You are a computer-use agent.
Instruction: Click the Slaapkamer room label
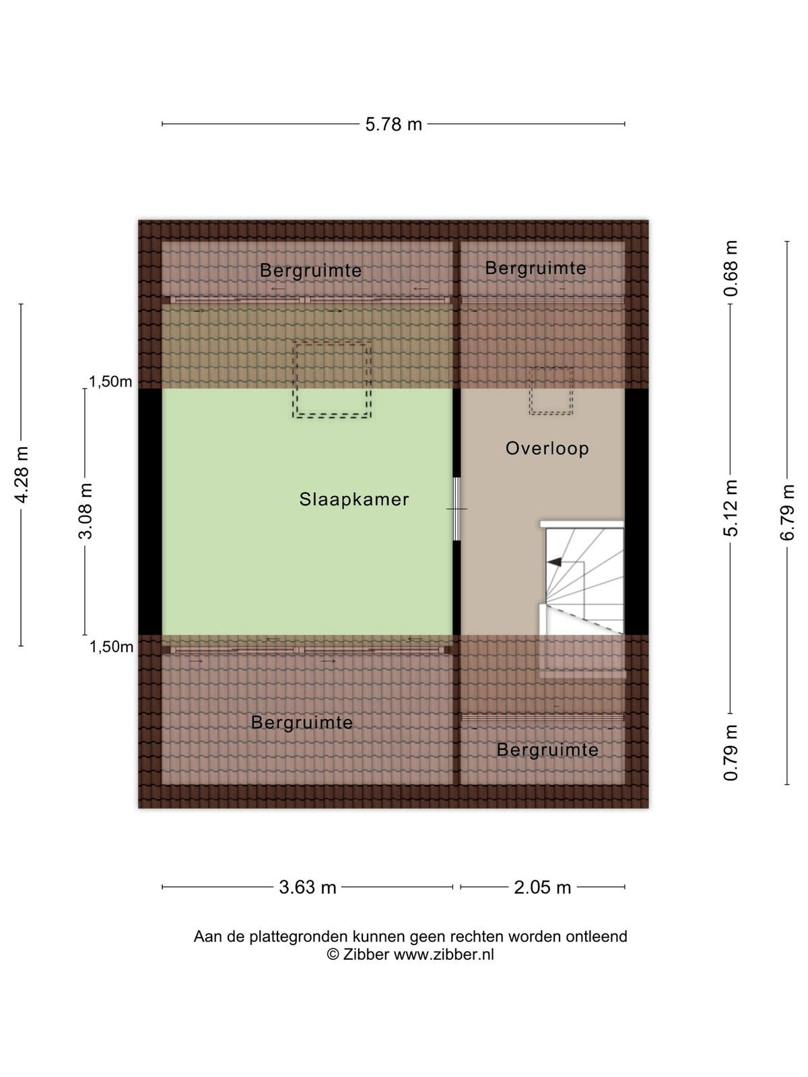pos(353,499)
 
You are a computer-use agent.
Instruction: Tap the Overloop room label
pos(547,448)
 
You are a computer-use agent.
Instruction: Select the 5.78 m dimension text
pos(393,125)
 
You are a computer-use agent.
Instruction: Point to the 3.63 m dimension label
pos(308,887)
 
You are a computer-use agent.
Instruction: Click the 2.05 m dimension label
pos(543,887)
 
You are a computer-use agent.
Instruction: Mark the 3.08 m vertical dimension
pos(86,512)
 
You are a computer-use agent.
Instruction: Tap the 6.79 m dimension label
pos(787,512)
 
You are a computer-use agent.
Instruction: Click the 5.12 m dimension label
pos(731,508)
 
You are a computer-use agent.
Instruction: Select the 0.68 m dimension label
pos(731,269)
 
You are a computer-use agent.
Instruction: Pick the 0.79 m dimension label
pos(731,753)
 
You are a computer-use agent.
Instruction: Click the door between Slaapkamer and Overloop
pos(457,509)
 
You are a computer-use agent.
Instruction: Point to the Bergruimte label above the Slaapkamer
pos(310,271)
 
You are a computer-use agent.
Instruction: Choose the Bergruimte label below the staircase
pos(547,750)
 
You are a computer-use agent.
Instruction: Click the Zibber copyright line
pos(411,954)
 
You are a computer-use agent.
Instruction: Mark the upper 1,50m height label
pos(110,382)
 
